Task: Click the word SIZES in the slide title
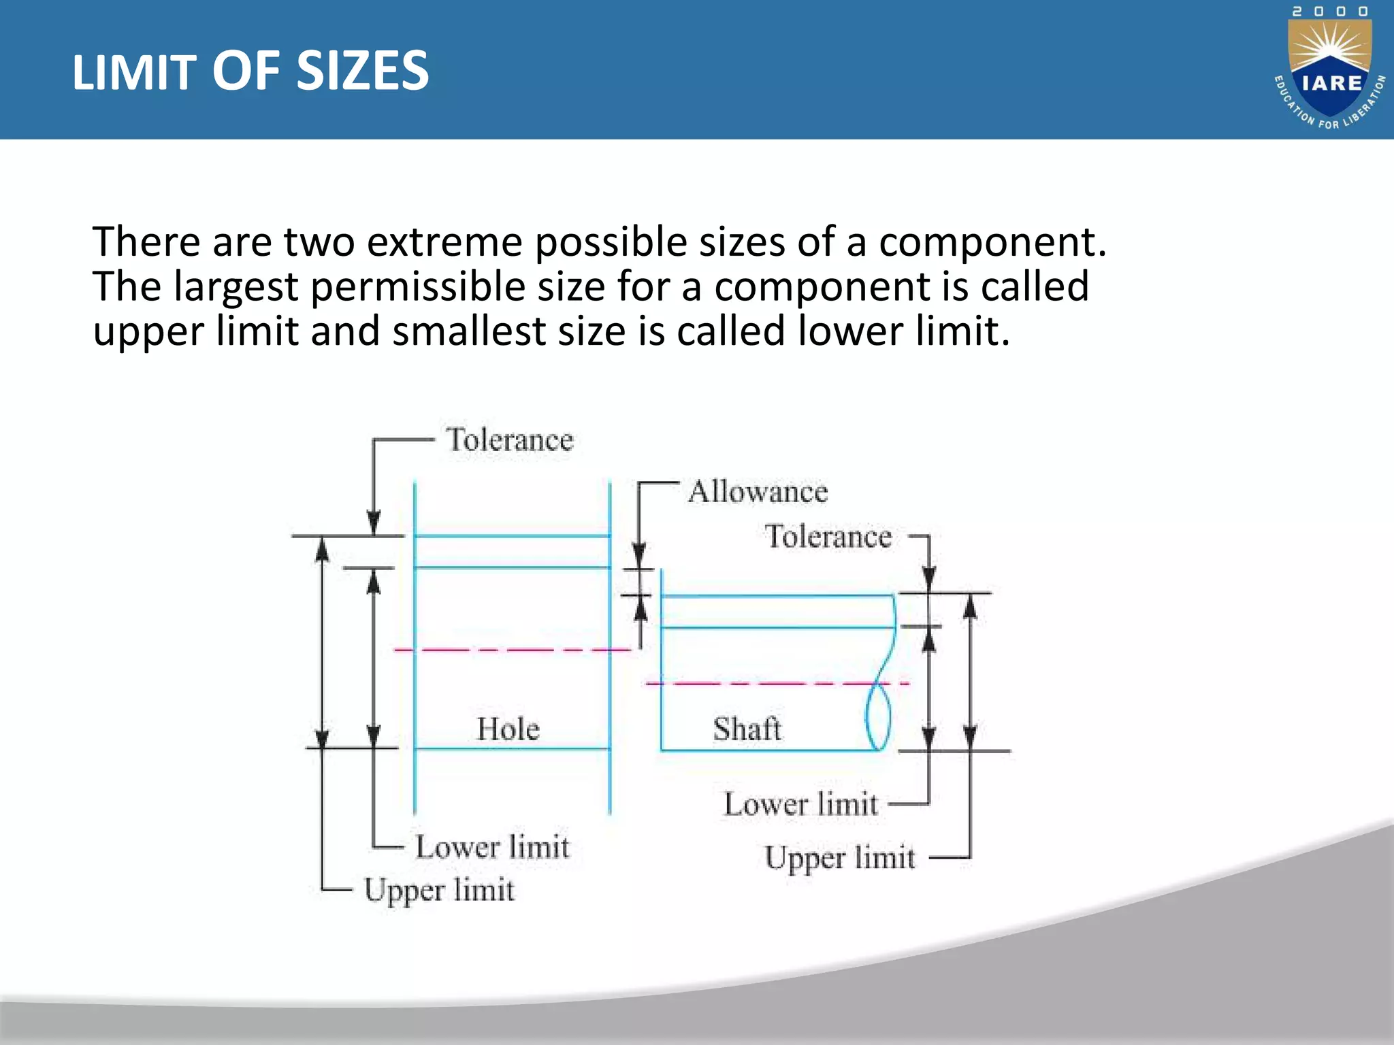pyautogui.click(x=363, y=71)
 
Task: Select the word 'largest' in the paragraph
pyautogui.click(x=236, y=287)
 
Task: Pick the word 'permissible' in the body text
pyautogui.click(x=418, y=287)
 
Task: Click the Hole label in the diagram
pyautogui.click(x=508, y=729)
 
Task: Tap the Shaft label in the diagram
pyautogui.click(x=747, y=729)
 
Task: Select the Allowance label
pyautogui.click(x=758, y=492)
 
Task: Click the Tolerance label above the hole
pyautogui.click(x=509, y=440)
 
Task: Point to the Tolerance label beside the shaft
pyautogui.click(x=828, y=537)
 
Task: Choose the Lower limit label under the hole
pyautogui.click(x=492, y=848)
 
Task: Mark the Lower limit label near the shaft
pyautogui.click(x=800, y=805)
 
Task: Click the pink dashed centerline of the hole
pyautogui.click(x=510, y=650)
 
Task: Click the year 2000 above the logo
pyautogui.click(x=1330, y=12)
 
